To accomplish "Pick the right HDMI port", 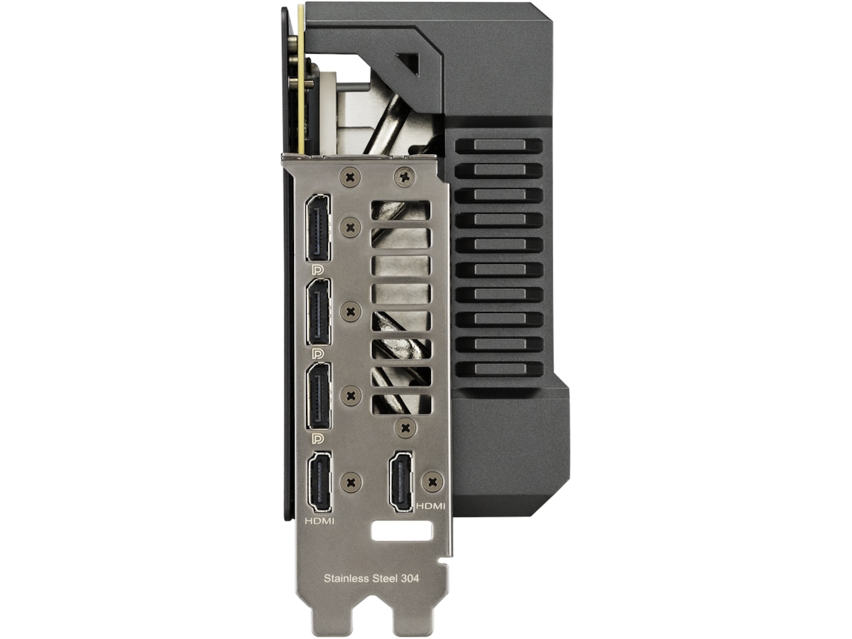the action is pyautogui.click(x=401, y=481).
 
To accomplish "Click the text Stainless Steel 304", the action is pyautogui.click(x=371, y=579).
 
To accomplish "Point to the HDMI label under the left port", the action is pyautogui.click(x=319, y=521).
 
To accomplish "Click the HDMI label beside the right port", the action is pyautogui.click(x=431, y=506).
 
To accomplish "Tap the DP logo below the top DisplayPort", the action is pyautogui.click(x=317, y=269).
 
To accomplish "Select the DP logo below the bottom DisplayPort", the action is pyautogui.click(x=317, y=438).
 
